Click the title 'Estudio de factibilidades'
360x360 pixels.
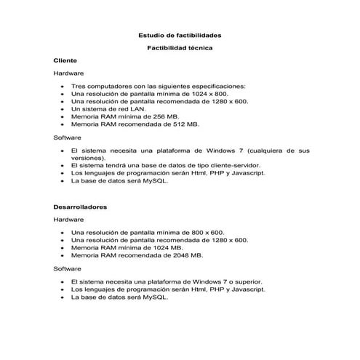point(180,35)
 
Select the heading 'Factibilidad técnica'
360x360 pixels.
point(180,48)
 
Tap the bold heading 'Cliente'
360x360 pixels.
point(65,60)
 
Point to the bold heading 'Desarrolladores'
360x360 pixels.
point(80,207)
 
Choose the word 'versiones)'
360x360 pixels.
point(88,158)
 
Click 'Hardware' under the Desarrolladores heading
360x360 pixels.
point(69,219)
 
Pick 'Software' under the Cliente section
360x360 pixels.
point(68,137)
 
